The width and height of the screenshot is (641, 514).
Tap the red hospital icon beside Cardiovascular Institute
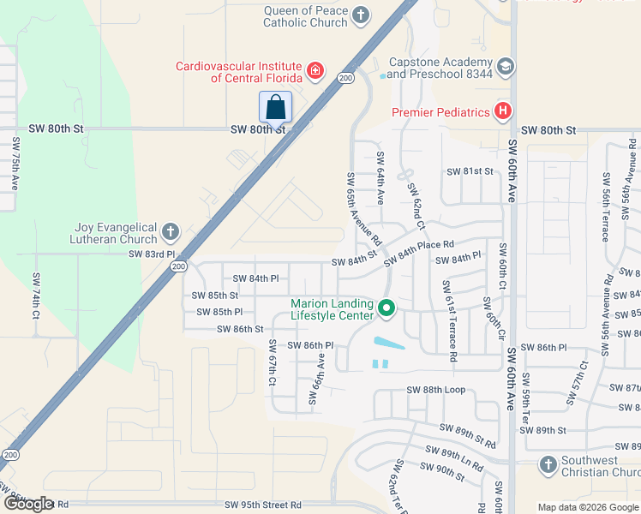(x=316, y=70)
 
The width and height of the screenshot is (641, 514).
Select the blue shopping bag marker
(x=275, y=108)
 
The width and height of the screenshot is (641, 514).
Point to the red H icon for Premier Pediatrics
(x=503, y=111)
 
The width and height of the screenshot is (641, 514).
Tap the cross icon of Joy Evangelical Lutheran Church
(x=171, y=231)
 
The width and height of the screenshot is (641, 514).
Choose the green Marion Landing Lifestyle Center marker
(x=386, y=308)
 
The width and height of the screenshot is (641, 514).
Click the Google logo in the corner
(x=28, y=504)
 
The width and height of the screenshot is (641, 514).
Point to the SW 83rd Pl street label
(x=151, y=254)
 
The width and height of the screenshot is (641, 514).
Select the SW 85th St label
(x=215, y=296)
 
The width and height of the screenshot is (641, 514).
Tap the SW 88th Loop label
(x=435, y=390)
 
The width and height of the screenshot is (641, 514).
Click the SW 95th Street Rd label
(x=262, y=505)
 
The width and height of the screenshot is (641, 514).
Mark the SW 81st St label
(x=470, y=171)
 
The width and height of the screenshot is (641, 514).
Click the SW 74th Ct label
(x=36, y=296)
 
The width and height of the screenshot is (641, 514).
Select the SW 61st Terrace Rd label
(x=447, y=318)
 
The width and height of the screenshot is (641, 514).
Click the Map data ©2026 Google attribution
(x=588, y=507)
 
